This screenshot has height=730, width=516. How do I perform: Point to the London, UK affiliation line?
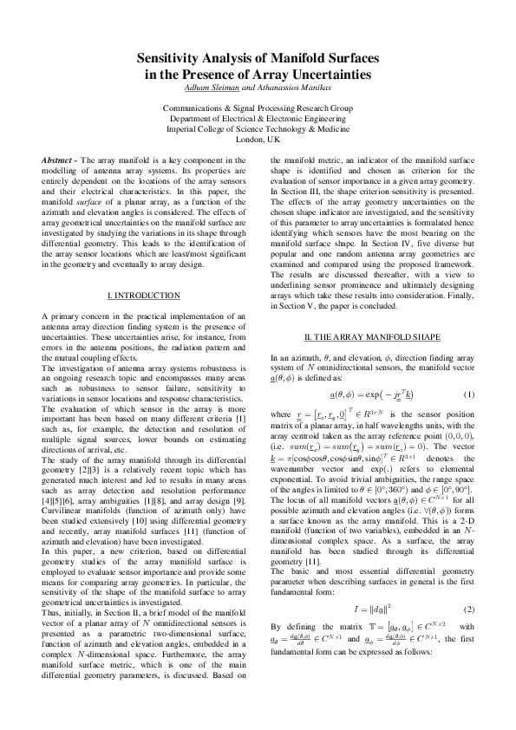[x=258, y=139]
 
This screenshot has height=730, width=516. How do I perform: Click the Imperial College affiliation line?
[x=258, y=128]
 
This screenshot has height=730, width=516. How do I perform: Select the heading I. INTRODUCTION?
[x=143, y=296]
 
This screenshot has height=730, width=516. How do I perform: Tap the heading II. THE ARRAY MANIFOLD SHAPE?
[x=372, y=336]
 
